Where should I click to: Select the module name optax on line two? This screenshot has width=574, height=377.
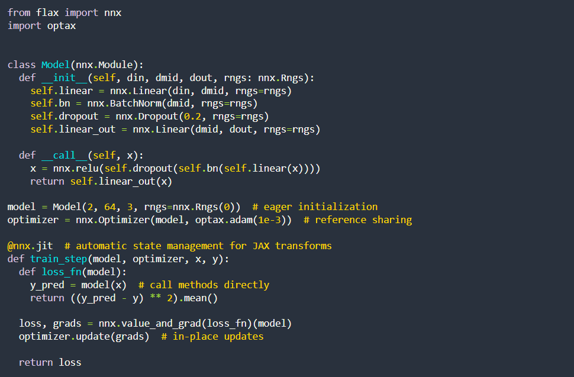[62, 25]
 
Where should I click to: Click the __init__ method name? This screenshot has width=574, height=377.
[62, 78]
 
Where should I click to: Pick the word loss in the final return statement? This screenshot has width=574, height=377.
[70, 362]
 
